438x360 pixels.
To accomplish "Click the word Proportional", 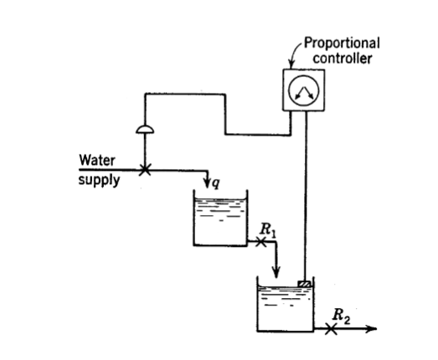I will coord(341,43).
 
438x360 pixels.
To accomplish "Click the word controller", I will coord(340,56).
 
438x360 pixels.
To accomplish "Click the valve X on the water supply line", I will coord(145,170).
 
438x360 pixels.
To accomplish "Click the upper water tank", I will coord(219,220).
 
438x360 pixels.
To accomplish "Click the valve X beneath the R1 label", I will coord(260,243).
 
